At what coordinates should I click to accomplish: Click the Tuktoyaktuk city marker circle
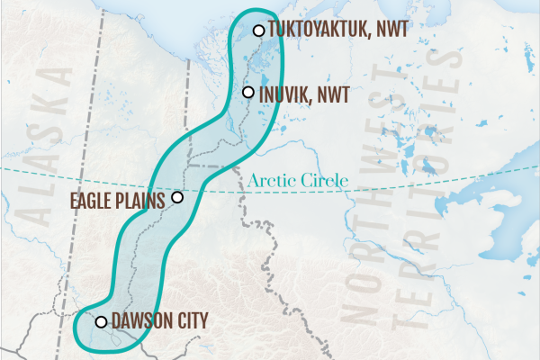click(x=258, y=31)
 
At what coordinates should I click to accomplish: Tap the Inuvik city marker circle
click(x=248, y=92)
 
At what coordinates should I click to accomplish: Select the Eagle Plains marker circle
click(x=177, y=197)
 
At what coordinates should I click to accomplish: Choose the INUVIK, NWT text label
click(x=304, y=92)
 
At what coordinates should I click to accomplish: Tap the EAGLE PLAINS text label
click(x=117, y=199)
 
